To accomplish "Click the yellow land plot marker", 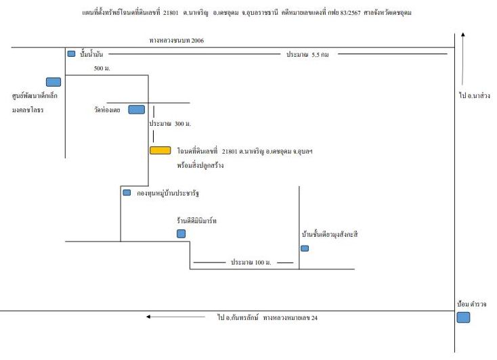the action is (x=160, y=150).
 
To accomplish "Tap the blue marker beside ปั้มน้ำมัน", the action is (x=71, y=54).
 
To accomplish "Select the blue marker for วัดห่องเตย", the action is (x=137, y=110).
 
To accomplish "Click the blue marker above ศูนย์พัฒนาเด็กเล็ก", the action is (x=53, y=82).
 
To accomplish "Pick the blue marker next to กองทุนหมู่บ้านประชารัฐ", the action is (x=127, y=192).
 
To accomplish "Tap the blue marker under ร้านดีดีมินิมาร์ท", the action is (x=181, y=233).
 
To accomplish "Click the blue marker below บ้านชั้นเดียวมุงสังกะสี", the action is (x=305, y=248).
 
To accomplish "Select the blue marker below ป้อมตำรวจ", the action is (x=463, y=317).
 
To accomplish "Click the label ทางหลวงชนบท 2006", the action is (x=177, y=41).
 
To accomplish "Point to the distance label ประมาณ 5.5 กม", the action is (x=307, y=55).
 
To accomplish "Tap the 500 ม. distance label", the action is (x=102, y=68).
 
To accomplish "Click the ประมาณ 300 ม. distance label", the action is (x=170, y=124).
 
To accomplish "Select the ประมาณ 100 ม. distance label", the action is (x=251, y=263).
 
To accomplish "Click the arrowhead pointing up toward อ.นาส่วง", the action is (x=462, y=35).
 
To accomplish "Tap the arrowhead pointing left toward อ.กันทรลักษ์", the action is (x=148, y=317).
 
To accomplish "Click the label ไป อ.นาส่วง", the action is (x=475, y=95).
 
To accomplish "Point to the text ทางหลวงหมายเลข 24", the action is (x=290, y=317).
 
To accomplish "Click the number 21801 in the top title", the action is (x=171, y=13).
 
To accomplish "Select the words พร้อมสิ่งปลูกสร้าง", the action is (x=200, y=165).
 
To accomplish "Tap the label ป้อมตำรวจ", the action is (x=471, y=304).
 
